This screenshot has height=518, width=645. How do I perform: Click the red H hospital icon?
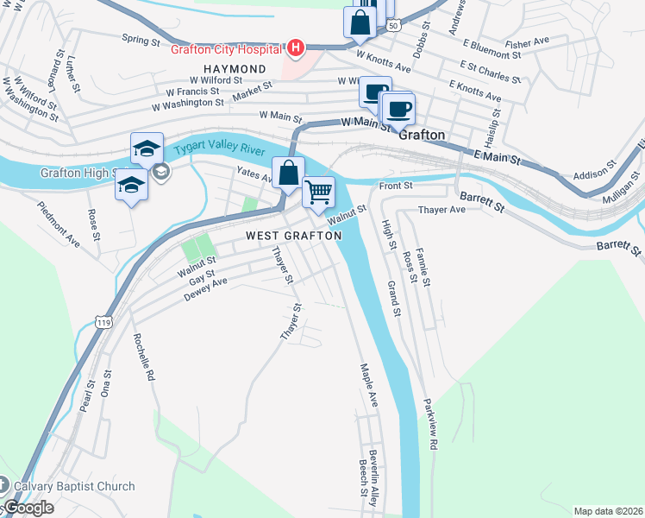click(296, 47)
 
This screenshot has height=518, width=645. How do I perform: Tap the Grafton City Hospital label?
click(228, 48)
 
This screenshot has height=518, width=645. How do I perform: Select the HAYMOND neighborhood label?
click(235, 69)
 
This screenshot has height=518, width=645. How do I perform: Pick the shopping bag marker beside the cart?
click(288, 174)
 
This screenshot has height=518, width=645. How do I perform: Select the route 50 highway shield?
click(393, 28)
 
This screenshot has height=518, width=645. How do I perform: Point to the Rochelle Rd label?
click(143, 358)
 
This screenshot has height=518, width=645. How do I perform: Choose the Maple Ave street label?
click(368, 385)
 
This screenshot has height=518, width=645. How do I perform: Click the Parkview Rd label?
click(430, 424)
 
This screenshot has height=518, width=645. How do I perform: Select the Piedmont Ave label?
click(58, 224)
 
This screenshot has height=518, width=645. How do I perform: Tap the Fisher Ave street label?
click(528, 42)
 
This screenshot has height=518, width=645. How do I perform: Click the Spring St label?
click(141, 40)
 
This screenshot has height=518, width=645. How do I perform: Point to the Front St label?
click(397, 185)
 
